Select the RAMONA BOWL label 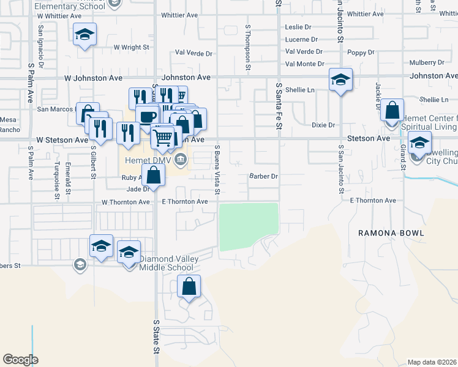384,233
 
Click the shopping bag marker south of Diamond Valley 189,286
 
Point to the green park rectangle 249,226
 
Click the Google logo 20,360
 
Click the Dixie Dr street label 323,125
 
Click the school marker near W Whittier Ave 85,34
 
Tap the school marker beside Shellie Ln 340,80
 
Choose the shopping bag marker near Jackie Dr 392,111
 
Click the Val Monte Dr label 304,64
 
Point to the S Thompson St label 248,46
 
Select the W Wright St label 131,47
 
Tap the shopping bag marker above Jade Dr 154,176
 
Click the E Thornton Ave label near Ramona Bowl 372,201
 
